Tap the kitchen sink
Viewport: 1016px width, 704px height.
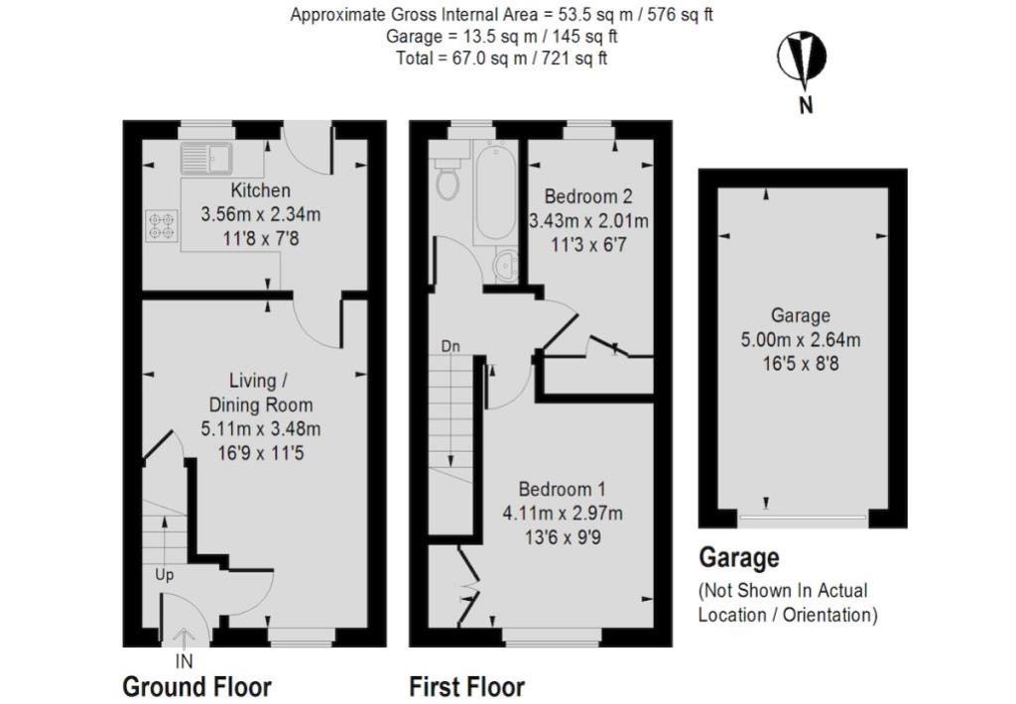coord(205,157)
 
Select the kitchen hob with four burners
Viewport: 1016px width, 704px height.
coord(160,225)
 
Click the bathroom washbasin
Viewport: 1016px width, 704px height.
coord(506,265)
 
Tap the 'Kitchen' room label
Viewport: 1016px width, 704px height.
coord(260,190)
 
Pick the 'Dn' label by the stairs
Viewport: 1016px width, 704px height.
coord(451,347)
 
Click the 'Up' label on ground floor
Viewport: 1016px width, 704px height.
coord(165,574)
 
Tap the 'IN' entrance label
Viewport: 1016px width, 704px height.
coord(185,660)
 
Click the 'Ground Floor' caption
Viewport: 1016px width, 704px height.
coord(196,686)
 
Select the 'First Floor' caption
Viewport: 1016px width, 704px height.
coord(466,686)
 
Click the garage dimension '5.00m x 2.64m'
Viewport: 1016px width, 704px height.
coord(802,340)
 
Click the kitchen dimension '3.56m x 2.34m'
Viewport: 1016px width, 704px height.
coord(261,213)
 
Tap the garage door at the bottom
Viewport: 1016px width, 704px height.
coord(802,518)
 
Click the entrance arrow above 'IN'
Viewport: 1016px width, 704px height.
coord(185,638)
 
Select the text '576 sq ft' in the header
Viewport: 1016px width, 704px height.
coord(682,15)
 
